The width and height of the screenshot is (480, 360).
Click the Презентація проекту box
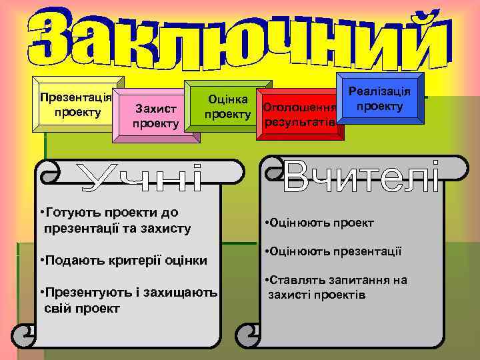tap(75, 105)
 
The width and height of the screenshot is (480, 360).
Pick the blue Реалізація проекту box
tap(379, 99)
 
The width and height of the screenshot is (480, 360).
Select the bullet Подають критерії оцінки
tap(123, 260)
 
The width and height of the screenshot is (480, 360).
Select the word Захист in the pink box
tap(155, 109)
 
